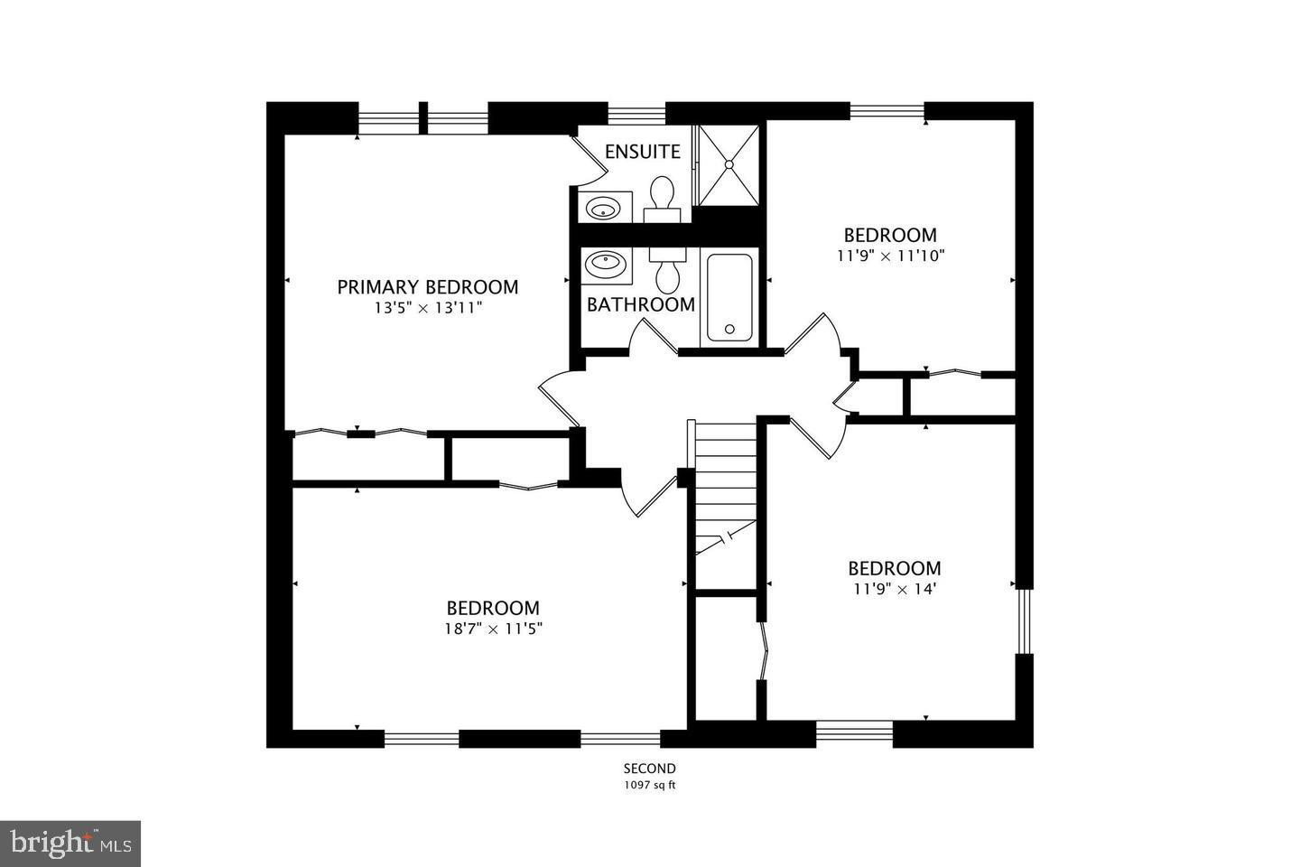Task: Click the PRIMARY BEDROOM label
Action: tap(427, 287)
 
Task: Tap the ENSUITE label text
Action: tap(642, 152)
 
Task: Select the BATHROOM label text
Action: tap(641, 304)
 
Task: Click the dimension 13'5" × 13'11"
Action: tap(427, 308)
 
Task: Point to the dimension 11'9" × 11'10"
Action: tap(890, 256)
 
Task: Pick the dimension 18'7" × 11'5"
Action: tap(493, 629)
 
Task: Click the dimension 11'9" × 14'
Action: tap(894, 589)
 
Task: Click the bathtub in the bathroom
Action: tap(729, 297)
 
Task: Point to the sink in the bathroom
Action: tap(602, 266)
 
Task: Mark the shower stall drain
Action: tap(729, 164)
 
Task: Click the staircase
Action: tap(723, 488)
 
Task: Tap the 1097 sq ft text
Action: tap(649, 786)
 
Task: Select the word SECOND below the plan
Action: tap(649, 769)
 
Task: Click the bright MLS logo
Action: tap(70, 844)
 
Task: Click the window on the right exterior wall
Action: tap(1024, 620)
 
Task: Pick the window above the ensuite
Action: tap(636, 113)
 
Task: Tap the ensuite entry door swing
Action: tap(590, 155)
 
